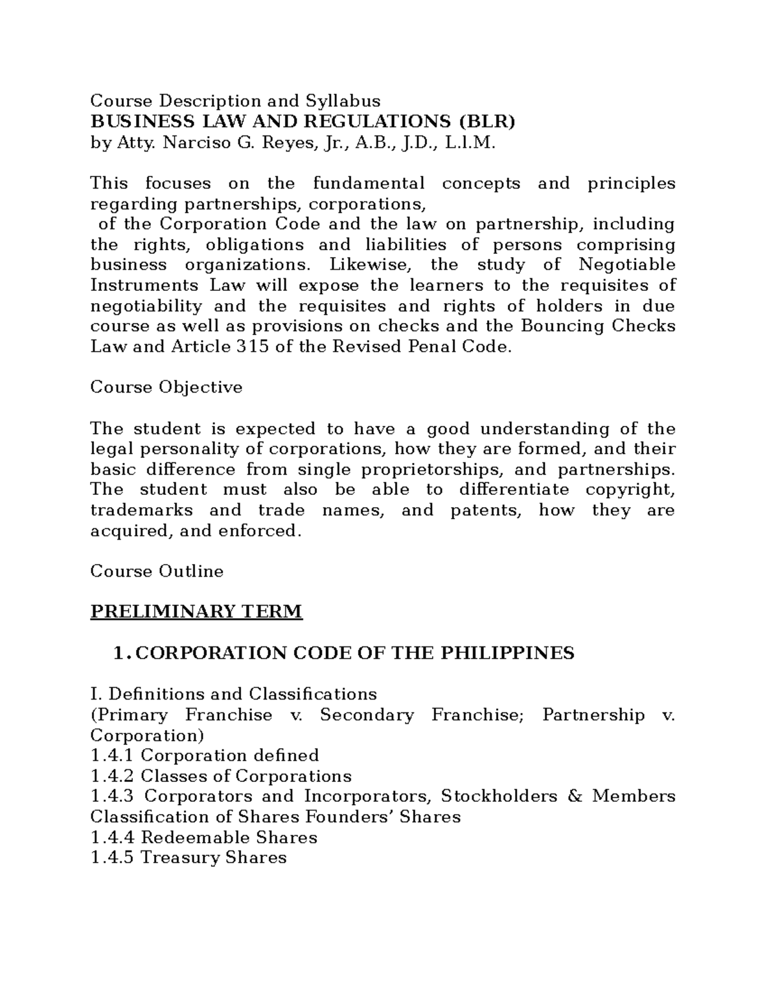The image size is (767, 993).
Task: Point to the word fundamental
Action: [x=369, y=183]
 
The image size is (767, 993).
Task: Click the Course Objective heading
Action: [x=166, y=387]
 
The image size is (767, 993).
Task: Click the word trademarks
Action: [x=141, y=510]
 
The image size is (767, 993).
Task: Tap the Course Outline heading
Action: [x=157, y=572]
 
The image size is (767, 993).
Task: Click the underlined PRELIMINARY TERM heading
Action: [x=196, y=612]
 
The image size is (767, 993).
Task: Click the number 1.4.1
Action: [x=112, y=756]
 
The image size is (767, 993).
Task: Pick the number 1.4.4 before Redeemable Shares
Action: [x=112, y=838]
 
